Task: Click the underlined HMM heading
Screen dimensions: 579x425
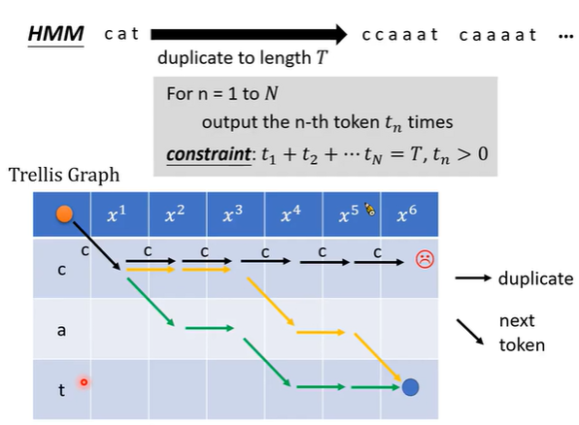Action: pos(55,34)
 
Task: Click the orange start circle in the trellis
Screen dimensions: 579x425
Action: pos(64,214)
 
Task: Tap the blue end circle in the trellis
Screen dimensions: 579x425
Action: pos(410,387)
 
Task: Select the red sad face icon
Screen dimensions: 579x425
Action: pos(425,259)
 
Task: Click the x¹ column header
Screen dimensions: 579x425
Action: pos(117,214)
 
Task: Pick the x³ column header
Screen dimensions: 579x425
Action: pos(232,214)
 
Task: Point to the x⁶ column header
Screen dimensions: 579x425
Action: pos(407,214)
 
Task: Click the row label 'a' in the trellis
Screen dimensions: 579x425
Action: pos(61,330)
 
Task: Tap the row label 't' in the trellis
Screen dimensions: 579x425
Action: pos(61,390)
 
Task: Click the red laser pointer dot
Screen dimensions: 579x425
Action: pos(85,382)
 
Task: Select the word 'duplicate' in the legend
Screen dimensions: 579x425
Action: pos(535,278)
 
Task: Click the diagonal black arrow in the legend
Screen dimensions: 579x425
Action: pos(470,332)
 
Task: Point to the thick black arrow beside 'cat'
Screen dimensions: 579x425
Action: pos(249,35)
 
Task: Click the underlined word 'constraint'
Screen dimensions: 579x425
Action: pos(209,154)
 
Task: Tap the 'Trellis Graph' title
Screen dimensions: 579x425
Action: pos(64,176)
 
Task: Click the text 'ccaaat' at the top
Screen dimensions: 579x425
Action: pos(400,35)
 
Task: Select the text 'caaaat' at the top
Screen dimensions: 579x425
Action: pos(497,35)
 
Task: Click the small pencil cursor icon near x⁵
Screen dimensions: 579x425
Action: pos(369,209)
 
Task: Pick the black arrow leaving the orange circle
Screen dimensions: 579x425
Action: pos(97,245)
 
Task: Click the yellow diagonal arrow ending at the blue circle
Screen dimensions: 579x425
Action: pos(377,357)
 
